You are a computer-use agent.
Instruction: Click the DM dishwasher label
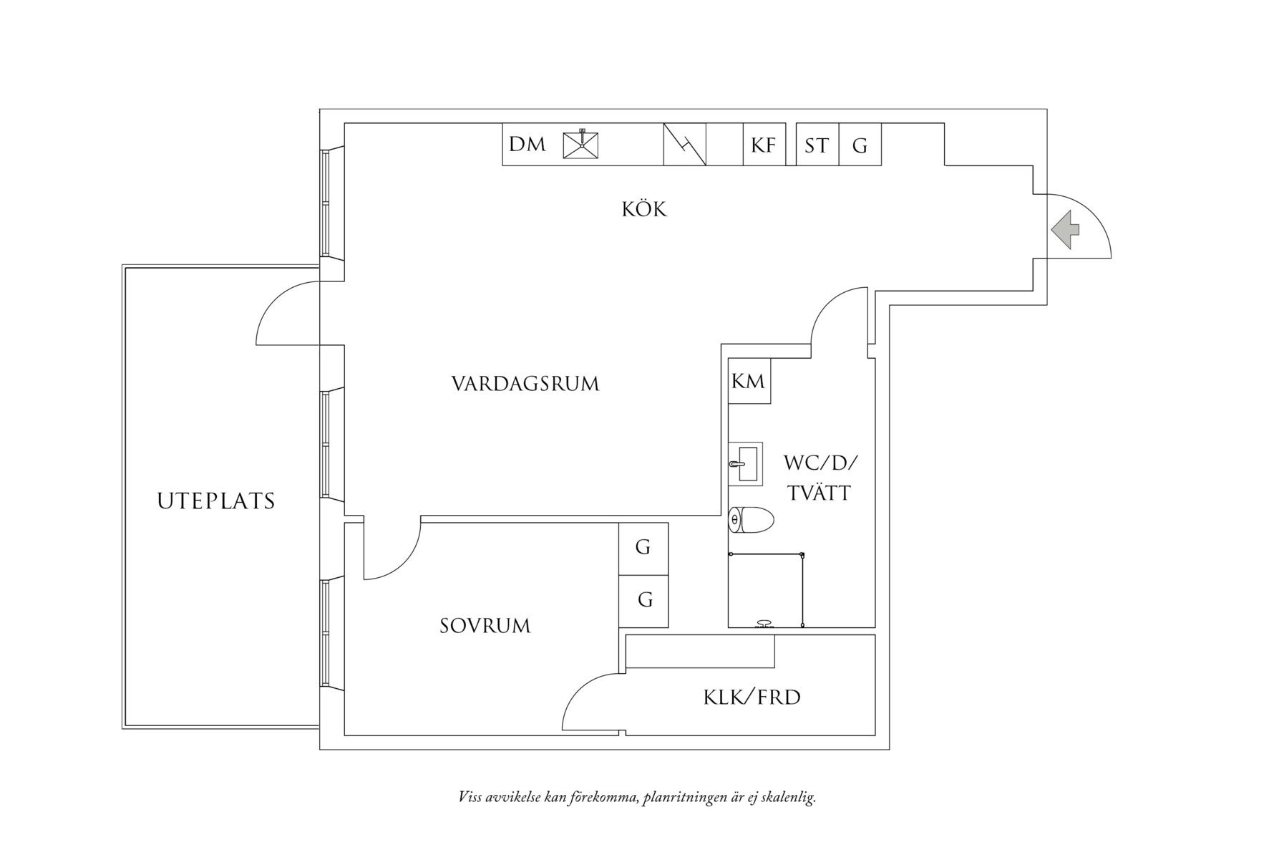coord(527,145)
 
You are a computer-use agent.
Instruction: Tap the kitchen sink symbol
coord(580,145)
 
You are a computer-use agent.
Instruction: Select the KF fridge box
coord(764,145)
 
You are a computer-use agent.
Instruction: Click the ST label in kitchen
coord(817,145)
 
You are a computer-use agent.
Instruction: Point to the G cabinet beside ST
coord(860,145)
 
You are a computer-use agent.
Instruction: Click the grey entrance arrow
coord(1066,230)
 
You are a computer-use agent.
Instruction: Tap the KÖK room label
coord(644,209)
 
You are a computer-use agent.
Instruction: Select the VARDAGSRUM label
coord(525,384)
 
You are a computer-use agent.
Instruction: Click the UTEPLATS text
coord(216,501)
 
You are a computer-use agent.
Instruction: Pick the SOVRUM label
coord(485,626)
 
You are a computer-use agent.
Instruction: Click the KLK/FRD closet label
coord(752,697)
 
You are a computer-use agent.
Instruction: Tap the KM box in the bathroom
coord(749,382)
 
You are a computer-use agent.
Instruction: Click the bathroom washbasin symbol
coord(745,463)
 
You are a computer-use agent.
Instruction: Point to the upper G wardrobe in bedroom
coord(643,548)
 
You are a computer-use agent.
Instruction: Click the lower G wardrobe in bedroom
coord(644,600)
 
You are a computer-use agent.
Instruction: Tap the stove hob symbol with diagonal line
coord(685,145)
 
